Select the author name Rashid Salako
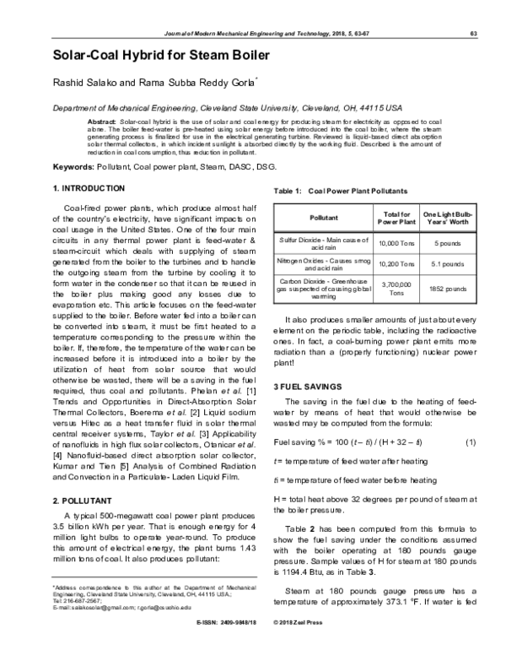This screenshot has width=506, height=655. coord(89,84)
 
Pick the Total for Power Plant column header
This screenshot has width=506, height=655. coord(396,218)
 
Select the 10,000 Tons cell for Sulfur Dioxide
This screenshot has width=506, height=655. coord(396,243)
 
